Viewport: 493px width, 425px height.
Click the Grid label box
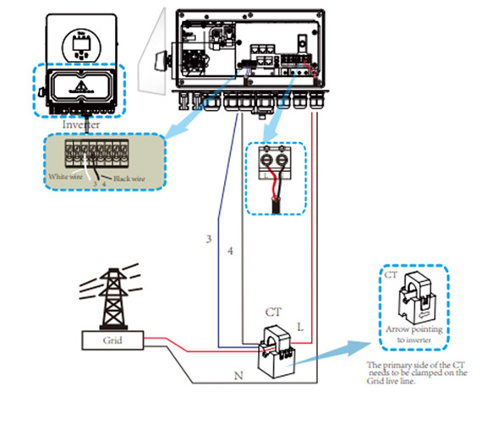pyautogui.click(x=112, y=340)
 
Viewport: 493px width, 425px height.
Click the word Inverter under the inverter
pyautogui.click(x=81, y=124)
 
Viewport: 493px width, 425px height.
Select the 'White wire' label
pyautogui.click(x=65, y=177)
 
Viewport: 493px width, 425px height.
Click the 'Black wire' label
pyautogui.click(x=129, y=179)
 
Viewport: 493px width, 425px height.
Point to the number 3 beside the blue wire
pyautogui.click(x=209, y=239)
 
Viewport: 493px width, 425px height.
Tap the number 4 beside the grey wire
pyautogui.click(x=230, y=251)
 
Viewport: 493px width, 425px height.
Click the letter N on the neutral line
pyautogui.click(x=238, y=376)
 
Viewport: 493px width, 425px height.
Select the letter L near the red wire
pyautogui.click(x=300, y=327)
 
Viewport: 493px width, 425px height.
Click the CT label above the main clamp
pyautogui.click(x=273, y=312)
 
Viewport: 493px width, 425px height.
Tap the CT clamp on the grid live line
pyautogui.click(x=277, y=352)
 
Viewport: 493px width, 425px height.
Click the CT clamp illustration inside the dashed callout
pyautogui.click(x=417, y=298)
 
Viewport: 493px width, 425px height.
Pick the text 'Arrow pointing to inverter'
pyautogui.click(x=414, y=334)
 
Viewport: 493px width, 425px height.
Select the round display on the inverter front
pyautogui.click(x=82, y=46)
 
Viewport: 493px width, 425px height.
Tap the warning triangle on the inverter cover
pyautogui.click(x=81, y=86)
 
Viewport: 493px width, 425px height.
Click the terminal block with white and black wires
pyautogui.click(x=96, y=153)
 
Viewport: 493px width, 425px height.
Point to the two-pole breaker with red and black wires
pyautogui.click(x=274, y=163)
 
